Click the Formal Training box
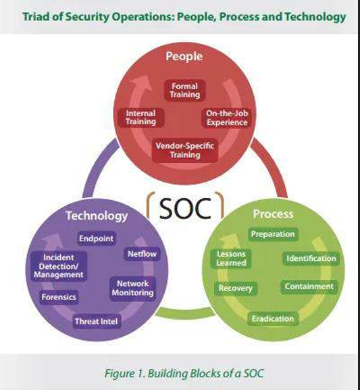pos(184,91)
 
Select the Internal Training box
pos(140,118)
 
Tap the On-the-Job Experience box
pos(227,118)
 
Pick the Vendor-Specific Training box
pos(184,150)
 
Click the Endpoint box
pos(96,239)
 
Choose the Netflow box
pos(142,253)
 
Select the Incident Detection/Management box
pos(59,266)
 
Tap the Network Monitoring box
pos(133,288)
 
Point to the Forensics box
pos(59,297)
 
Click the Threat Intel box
pos(97,321)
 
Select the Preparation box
pos(273,234)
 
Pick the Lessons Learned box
pos(231,258)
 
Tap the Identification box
pos(311,258)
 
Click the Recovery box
pos(236,288)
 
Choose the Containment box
pos(309,287)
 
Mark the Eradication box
pos(273,318)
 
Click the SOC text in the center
pos(185,208)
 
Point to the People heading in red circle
pos(184,57)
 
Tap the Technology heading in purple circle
pos(97,216)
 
